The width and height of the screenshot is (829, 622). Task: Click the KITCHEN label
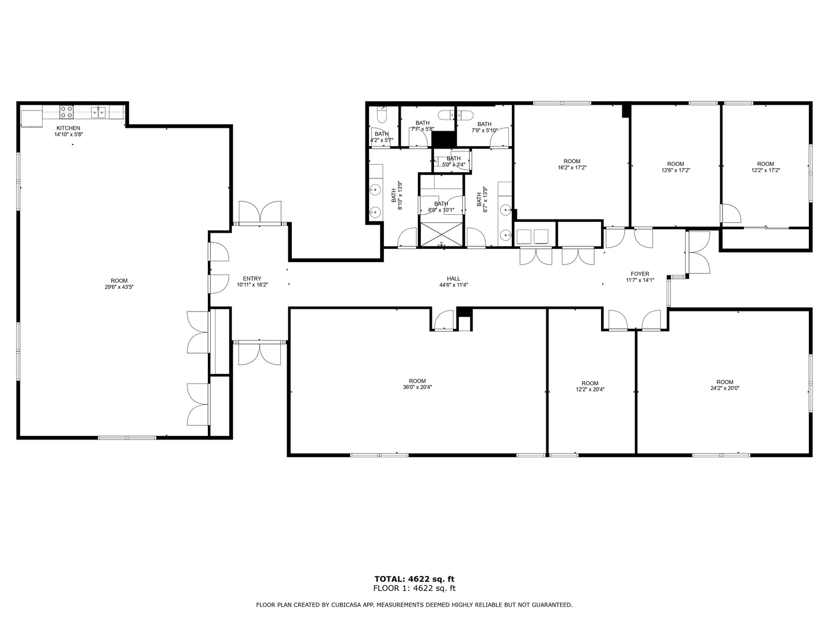click(x=68, y=128)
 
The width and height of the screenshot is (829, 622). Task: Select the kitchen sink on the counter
click(x=98, y=112)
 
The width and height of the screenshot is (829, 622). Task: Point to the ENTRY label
click(x=252, y=279)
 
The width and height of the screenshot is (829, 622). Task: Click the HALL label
click(x=454, y=279)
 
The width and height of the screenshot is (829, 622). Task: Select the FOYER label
click(x=640, y=274)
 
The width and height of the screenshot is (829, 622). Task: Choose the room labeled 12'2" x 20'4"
click(x=590, y=386)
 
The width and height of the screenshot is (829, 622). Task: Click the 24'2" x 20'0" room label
click(x=725, y=385)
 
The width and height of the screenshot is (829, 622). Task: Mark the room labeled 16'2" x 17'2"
click(x=572, y=165)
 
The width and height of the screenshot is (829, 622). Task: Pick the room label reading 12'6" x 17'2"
click(x=675, y=167)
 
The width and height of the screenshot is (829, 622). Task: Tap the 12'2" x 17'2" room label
click(x=765, y=167)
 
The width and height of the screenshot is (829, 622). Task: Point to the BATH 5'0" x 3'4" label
click(x=453, y=161)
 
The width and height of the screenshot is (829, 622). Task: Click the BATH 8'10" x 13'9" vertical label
click(x=397, y=196)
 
